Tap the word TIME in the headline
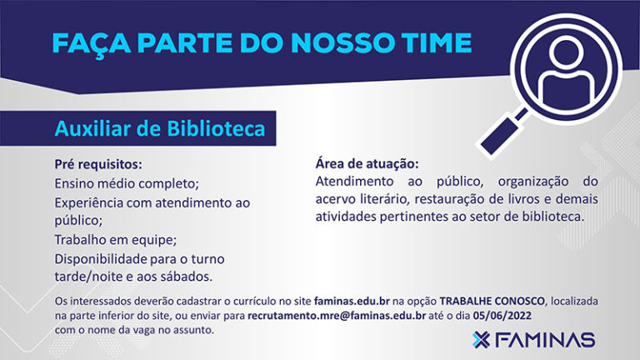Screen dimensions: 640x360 (437, 43)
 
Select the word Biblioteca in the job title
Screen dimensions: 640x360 (217, 128)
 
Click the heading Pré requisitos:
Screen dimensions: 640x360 (98, 164)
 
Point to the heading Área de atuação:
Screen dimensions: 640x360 (367, 163)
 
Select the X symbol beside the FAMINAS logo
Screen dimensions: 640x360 (481, 340)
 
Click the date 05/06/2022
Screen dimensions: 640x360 (502, 316)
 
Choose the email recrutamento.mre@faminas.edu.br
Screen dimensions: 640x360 (337, 316)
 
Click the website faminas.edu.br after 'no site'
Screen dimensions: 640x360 (352, 301)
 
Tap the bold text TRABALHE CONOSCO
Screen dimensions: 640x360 (492, 301)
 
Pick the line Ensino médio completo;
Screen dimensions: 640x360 (127, 183)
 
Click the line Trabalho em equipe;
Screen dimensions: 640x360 (116, 240)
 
